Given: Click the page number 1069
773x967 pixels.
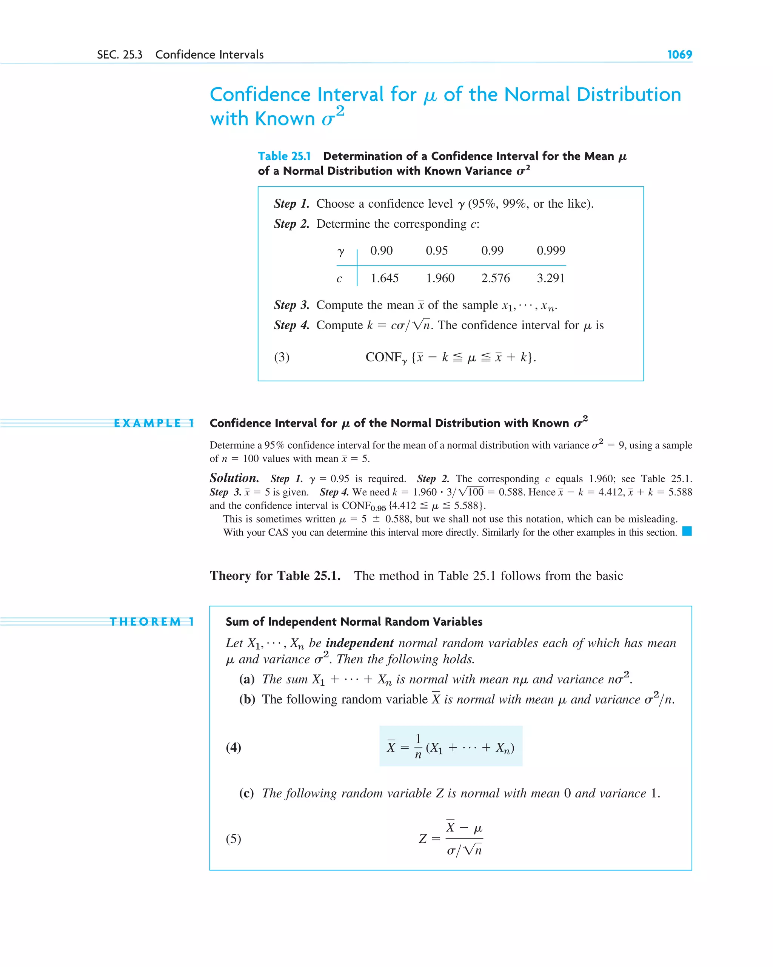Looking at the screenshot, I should pos(679,55).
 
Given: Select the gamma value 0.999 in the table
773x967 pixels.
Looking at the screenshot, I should pos(551,250).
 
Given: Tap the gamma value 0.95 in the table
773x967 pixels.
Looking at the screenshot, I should pos(437,250).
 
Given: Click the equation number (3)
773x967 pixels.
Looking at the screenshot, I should pos(282,357).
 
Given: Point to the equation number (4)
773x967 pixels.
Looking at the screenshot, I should pos(233,747).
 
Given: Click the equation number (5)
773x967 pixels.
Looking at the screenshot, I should pos(233,839).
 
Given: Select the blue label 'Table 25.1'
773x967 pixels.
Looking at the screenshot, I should pos(284,156).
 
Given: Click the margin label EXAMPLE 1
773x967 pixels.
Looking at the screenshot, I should pos(154,423).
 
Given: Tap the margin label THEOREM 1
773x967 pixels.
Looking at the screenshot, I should pos(152,622).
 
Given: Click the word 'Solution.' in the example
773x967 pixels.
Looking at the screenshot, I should pos(234,478).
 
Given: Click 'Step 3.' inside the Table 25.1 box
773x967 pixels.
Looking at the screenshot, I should pos(291,305).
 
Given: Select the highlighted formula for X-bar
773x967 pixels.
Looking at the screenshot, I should pos(451,747).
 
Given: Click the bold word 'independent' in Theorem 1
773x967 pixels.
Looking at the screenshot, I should pos(360,643).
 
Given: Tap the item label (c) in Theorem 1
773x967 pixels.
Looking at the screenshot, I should pos(246,793).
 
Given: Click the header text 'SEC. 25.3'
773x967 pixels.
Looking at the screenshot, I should pos(120,55).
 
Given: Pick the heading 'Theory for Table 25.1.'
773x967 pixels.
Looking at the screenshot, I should pos(275,575).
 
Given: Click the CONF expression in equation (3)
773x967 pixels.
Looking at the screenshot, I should pos(450,357).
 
